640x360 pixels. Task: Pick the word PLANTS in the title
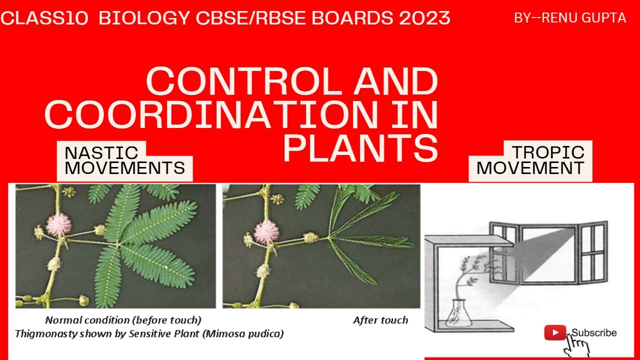[x=360, y=148]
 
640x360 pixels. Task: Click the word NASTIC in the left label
[x=101, y=152]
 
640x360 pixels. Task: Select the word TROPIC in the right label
[x=548, y=152]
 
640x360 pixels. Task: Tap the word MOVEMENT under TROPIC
[x=530, y=168]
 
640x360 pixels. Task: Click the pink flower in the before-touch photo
[x=58, y=224]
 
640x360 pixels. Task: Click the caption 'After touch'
[x=380, y=320]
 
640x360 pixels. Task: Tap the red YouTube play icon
[x=555, y=332]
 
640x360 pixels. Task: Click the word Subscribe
[x=594, y=333]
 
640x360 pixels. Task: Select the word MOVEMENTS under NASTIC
[x=124, y=168]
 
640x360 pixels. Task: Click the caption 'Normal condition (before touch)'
[x=123, y=320]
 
